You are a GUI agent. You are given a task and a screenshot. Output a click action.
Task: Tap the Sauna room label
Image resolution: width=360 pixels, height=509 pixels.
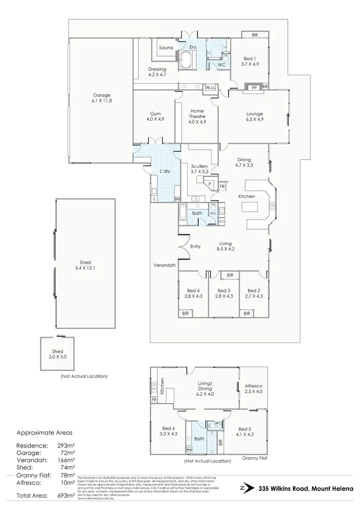pos(167,47)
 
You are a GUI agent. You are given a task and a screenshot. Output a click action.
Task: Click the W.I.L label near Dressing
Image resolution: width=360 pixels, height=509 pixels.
pos(210,87)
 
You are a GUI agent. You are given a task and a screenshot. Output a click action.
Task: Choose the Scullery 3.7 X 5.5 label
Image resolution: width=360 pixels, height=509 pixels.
pos(199,169)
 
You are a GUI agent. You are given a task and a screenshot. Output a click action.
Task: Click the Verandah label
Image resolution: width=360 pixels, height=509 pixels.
pos(164,265)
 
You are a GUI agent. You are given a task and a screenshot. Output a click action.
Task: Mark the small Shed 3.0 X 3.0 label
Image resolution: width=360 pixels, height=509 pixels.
pos(58,354)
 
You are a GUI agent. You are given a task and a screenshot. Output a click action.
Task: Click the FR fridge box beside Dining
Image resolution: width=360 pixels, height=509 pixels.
pos(222,186)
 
